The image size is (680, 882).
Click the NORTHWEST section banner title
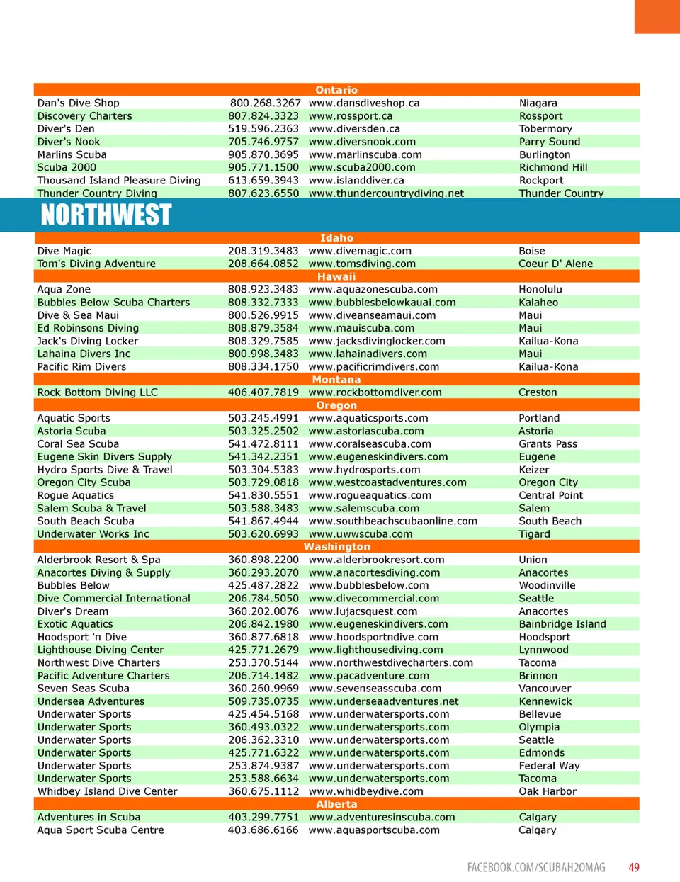[106, 215]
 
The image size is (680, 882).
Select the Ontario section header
[336, 90]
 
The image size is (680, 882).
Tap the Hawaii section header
[336, 277]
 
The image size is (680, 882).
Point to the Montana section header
[336, 380]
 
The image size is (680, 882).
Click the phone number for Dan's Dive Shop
[265, 103]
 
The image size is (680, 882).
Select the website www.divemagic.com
[360, 251]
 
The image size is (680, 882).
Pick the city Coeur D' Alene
[555, 264]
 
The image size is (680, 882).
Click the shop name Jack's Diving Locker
[87, 341]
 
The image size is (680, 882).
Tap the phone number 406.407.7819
[263, 392]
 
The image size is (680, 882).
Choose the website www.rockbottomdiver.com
[375, 392]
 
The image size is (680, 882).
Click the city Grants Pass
[548, 444]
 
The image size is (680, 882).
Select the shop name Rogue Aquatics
[75, 496]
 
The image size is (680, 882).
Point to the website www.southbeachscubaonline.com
[392, 521]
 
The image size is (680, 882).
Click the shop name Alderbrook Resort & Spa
[98, 560]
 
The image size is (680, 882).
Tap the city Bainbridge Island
[562, 625]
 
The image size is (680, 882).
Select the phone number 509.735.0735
[263, 702]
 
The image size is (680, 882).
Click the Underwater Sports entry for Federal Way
[84, 766]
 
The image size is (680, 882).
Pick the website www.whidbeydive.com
[365, 792]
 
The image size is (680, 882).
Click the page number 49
[634, 867]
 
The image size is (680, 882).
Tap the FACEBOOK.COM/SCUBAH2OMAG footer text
[536, 867]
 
